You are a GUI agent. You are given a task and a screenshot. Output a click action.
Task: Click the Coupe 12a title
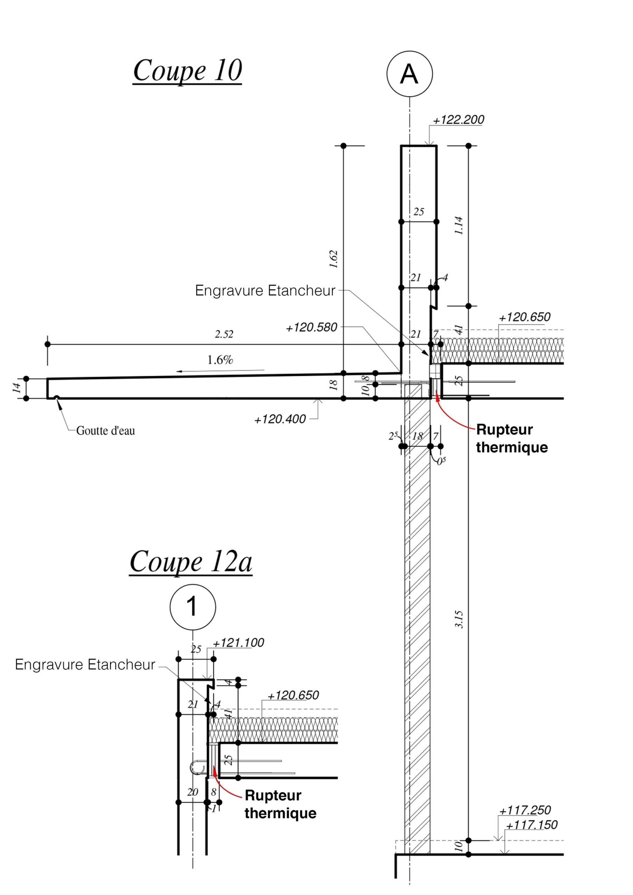191,562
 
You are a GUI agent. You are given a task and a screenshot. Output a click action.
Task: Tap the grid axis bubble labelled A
409,74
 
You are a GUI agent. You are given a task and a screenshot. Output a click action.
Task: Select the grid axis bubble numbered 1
193,607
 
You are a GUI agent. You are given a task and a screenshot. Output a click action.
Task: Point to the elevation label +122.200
458,120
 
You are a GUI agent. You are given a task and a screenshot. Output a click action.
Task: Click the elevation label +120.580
311,328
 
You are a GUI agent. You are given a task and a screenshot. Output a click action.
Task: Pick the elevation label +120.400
280,420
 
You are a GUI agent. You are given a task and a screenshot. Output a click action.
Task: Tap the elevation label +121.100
238,643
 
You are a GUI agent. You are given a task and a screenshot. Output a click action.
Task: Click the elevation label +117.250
525,810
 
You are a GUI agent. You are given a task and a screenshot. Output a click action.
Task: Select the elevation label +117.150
532,825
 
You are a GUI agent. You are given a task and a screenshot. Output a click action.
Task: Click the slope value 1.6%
220,360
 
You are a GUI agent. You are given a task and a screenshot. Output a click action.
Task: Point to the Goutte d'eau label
105,431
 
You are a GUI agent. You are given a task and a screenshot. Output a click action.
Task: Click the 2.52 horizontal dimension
224,335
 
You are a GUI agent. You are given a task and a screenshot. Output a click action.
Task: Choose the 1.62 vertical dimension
334,259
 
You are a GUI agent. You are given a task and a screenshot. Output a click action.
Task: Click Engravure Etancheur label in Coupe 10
265,291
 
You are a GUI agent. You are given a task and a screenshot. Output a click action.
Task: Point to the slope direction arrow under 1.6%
220,370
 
